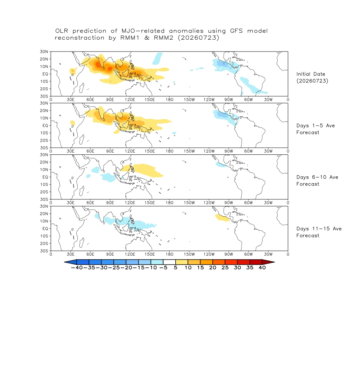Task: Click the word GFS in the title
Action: pos(236,31)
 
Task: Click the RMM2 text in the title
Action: pos(163,38)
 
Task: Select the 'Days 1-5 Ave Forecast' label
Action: pos(315,129)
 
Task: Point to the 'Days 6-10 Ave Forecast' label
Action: pos(317,181)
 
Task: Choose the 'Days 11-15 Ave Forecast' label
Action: pos(319,232)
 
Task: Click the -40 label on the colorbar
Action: pos(77,267)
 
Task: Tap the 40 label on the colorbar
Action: pos(262,267)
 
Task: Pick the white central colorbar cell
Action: pos(169,262)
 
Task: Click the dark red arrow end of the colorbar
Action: pos(268,262)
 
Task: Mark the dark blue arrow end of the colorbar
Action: pos(71,262)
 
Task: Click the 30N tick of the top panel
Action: pos(44,51)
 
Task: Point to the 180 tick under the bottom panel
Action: pos(169,254)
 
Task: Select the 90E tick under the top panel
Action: pos(110,100)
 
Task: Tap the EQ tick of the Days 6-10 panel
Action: pos(45,177)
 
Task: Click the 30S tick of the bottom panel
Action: pos(44,251)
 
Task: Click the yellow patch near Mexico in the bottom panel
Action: pos(222,218)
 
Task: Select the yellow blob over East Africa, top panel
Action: pos(73,71)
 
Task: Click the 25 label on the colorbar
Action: pos(225,267)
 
